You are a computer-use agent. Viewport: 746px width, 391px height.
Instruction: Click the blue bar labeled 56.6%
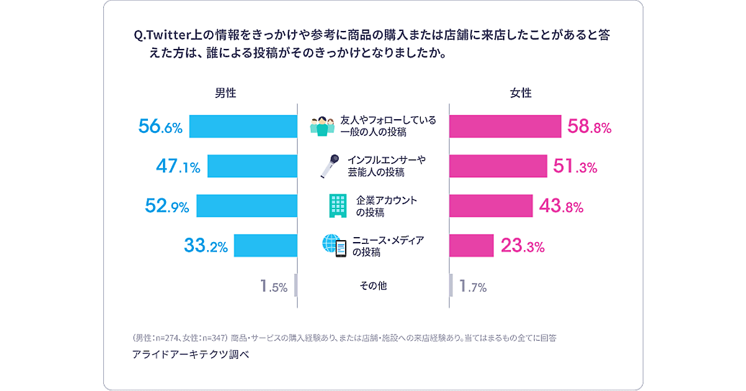pyautogui.click(x=243, y=127)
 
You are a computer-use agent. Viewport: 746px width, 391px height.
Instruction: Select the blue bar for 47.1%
pyautogui.click(x=252, y=166)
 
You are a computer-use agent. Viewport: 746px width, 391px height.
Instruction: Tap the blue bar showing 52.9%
pyautogui.click(x=247, y=205)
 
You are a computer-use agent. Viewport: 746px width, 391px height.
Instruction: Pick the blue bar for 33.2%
pyautogui.click(x=265, y=245)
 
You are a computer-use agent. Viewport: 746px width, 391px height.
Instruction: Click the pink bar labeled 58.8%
pyautogui.click(x=505, y=127)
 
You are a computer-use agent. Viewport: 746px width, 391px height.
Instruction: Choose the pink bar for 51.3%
pyautogui.click(x=498, y=166)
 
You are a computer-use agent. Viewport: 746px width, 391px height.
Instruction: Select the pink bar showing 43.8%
pyautogui.click(x=490, y=205)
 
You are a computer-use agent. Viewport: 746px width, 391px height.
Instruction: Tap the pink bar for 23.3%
pyautogui.click(x=471, y=245)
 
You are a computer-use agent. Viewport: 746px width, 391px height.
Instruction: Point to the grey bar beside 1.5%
pyautogui.click(x=295, y=285)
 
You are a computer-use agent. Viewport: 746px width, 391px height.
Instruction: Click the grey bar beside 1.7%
pyautogui.click(x=451, y=285)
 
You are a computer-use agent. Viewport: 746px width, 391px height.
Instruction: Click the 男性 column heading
pyautogui.click(x=226, y=93)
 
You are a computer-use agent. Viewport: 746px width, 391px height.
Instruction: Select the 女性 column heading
pyautogui.click(x=521, y=93)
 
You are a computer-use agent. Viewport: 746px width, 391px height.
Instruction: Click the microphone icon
pyautogui.click(x=329, y=166)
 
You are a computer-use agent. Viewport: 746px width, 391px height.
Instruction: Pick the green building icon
pyautogui.click(x=338, y=205)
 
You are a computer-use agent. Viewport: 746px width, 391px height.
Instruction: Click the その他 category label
pyautogui.click(x=373, y=285)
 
